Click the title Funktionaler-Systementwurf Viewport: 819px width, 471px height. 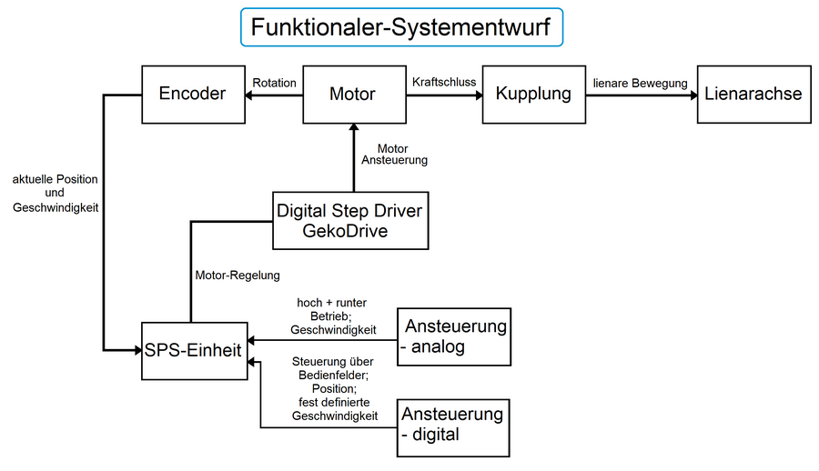(x=401, y=27)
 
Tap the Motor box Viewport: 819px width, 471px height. (x=352, y=94)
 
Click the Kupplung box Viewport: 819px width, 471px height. (x=533, y=94)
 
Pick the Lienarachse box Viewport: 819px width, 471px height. (x=753, y=94)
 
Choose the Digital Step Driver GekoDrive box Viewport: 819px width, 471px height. (x=350, y=220)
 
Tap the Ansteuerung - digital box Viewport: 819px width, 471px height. (x=453, y=424)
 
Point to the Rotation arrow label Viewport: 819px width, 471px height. (x=274, y=83)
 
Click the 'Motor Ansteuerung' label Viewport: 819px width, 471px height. (x=393, y=155)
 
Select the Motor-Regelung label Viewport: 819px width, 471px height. (x=238, y=275)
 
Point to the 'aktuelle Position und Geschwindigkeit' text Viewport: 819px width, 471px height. (x=55, y=193)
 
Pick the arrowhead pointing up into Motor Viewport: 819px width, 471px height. (x=352, y=128)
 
